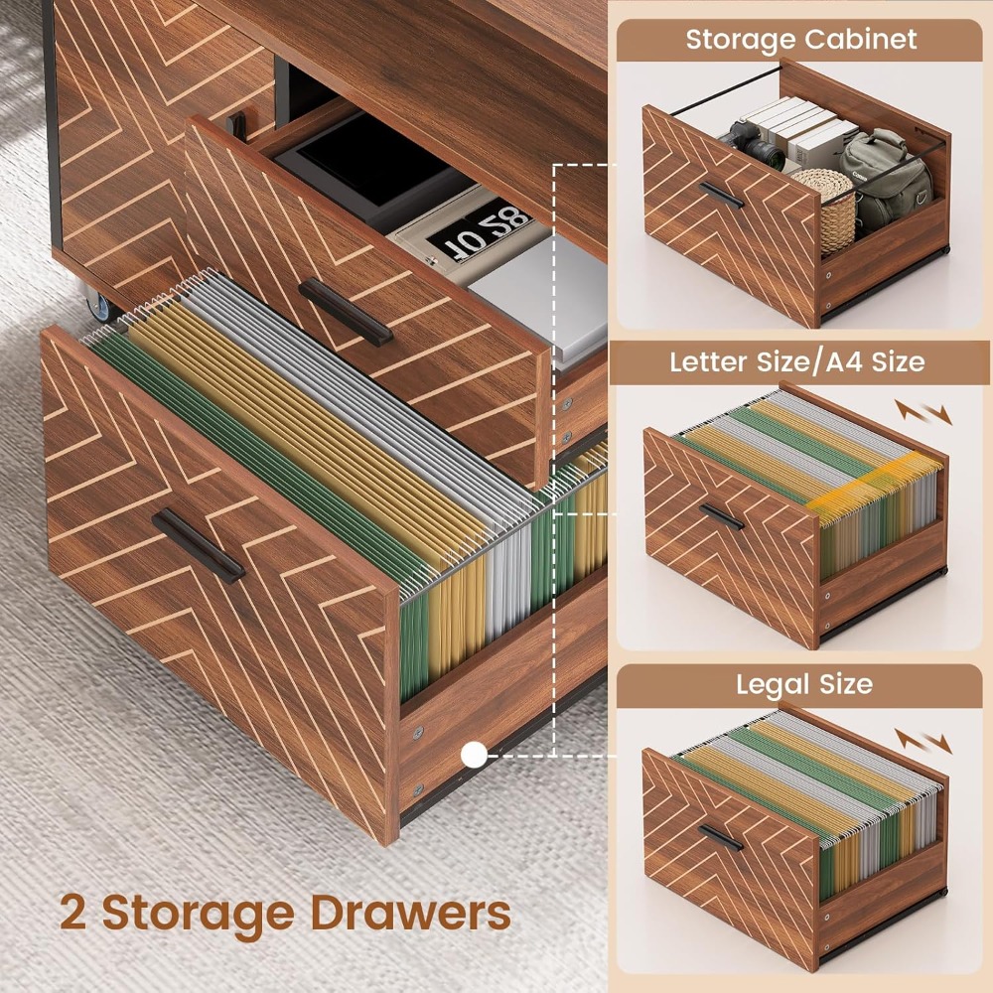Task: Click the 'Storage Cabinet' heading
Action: point(800,40)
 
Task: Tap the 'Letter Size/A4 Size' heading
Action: point(797,361)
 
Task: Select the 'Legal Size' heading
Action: point(804,684)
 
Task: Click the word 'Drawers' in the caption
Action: point(410,914)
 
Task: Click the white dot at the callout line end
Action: point(474,755)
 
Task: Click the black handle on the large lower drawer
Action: point(199,545)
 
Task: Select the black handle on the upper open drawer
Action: point(346,312)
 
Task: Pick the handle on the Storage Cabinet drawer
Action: point(721,195)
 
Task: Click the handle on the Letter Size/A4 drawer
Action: point(721,516)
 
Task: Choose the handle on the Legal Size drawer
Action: point(721,838)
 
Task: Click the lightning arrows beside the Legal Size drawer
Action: point(923,741)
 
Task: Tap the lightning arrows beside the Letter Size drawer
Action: point(923,412)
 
